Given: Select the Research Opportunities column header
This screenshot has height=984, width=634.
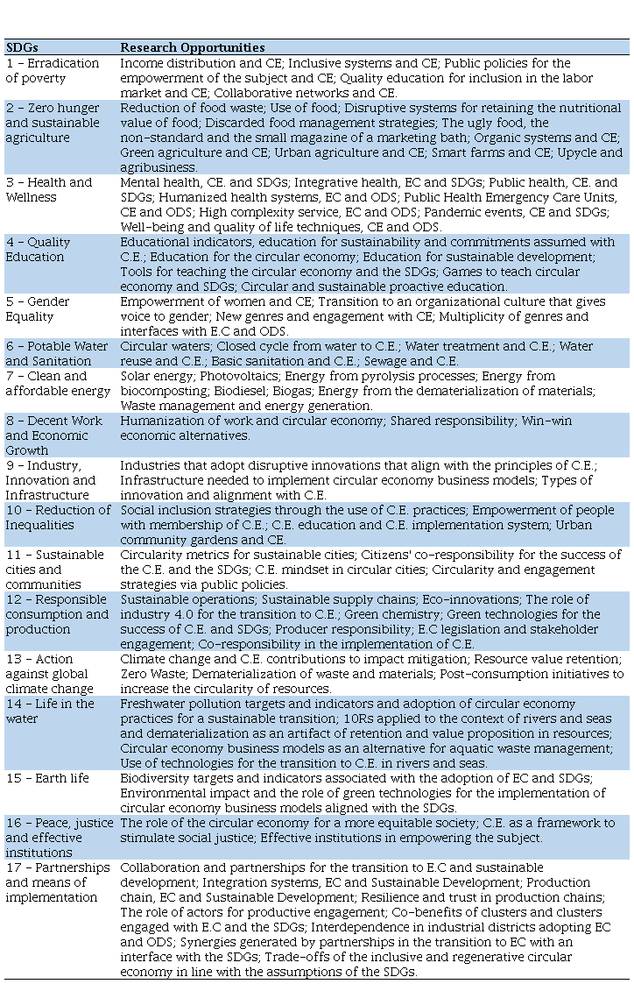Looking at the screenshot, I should (x=192, y=47).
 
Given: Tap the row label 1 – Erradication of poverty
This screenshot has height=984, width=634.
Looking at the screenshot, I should (x=53, y=70).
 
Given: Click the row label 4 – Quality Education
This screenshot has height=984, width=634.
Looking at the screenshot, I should (x=38, y=250).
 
